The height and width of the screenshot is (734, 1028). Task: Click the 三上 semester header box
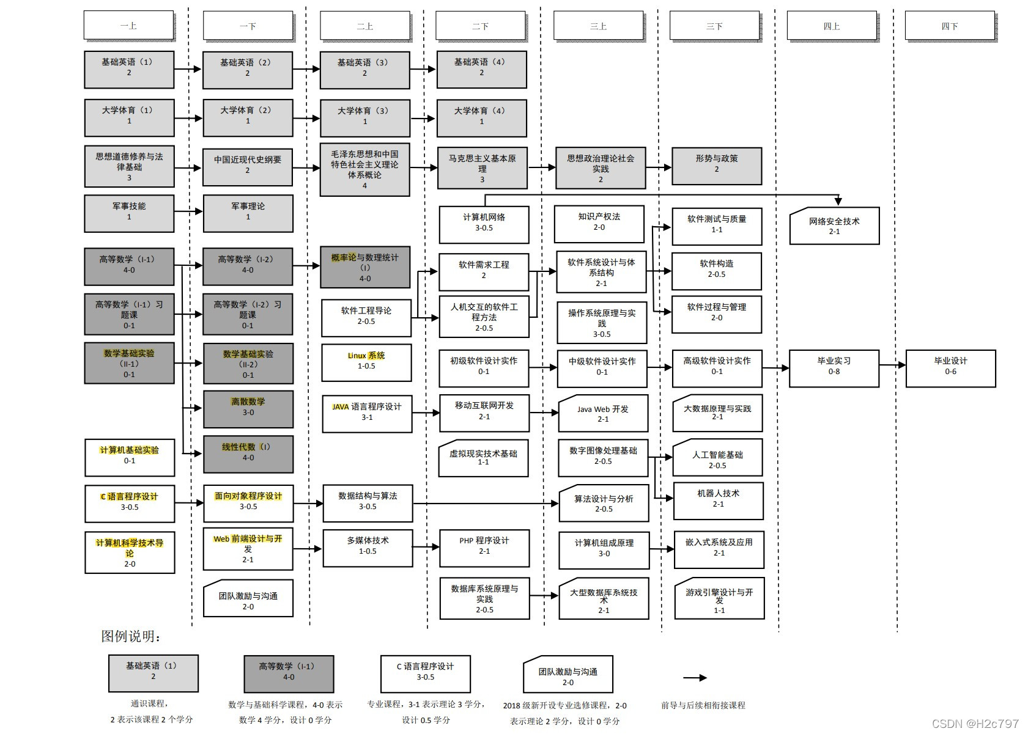(598, 26)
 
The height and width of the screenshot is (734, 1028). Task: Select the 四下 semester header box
(949, 26)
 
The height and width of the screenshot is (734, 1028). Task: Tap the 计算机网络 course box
(484, 224)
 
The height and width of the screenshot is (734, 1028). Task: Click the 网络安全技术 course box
(834, 226)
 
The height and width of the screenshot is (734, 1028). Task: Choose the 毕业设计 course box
(950, 367)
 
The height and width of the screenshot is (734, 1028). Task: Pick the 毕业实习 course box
(834, 367)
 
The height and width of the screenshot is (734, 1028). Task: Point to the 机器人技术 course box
(718, 500)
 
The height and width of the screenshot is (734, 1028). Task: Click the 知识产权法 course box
(599, 223)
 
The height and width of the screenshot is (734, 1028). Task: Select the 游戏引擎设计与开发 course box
(719, 598)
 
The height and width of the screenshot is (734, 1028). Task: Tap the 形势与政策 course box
(716, 165)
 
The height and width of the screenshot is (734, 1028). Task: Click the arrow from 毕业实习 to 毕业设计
(892, 365)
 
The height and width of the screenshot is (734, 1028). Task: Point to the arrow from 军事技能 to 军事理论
(188, 211)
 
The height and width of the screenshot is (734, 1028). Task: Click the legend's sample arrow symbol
(695, 677)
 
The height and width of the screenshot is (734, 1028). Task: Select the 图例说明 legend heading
(131, 636)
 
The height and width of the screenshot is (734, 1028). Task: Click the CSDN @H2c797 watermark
(975, 724)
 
